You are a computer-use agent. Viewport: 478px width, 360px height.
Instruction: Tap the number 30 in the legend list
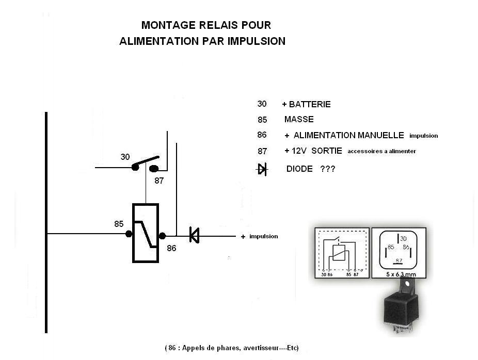(x=262, y=104)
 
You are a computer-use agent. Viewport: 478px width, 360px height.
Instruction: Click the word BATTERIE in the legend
(x=310, y=104)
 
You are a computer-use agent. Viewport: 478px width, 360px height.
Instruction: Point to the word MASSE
(x=299, y=120)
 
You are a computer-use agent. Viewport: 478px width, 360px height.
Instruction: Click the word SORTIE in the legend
(x=327, y=151)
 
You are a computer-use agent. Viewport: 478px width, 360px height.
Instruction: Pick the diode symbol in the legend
(x=262, y=169)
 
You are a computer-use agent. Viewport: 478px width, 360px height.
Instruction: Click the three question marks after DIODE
(x=327, y=169)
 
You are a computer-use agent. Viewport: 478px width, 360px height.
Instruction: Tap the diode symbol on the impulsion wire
(x=194, y=235)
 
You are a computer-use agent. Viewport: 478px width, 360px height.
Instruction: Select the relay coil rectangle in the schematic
(x=146, y=233)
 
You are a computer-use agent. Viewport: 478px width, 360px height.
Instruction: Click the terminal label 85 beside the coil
(x=119, y=224)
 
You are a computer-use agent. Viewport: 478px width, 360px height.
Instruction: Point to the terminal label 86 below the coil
(x=171, y=248)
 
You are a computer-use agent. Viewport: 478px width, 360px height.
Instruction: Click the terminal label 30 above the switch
(x=125, y=157)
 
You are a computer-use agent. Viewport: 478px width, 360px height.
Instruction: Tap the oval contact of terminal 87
(x=154, y=168)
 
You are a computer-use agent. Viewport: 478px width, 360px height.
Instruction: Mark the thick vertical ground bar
(x=46, y=222)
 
